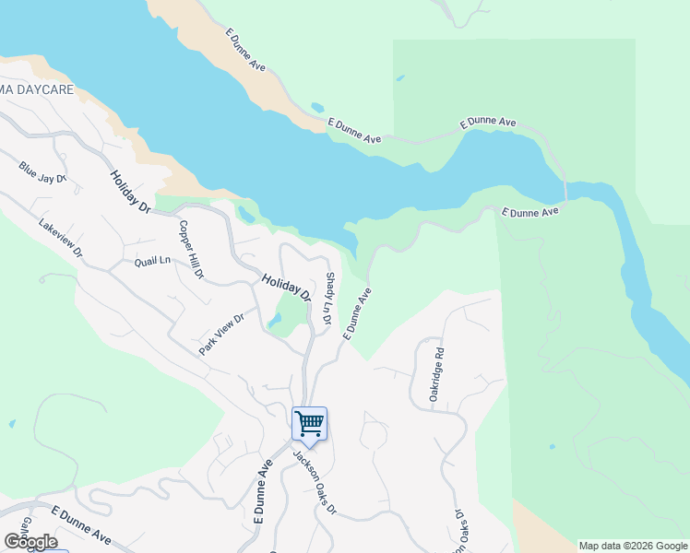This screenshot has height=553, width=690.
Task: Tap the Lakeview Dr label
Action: click(x=61, y=238)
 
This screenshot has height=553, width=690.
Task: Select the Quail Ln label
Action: click(x=152, y=262)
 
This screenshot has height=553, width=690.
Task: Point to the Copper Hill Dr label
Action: click(x=191, y=249)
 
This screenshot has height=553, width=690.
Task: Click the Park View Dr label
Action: click(x=221, y=335)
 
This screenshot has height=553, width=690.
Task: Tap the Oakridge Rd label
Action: click(x=437, y=373)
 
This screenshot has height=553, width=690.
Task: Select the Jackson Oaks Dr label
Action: click(x=315, y=482)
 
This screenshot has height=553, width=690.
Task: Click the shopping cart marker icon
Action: click(x=310, y=424)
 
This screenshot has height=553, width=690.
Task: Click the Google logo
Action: click(x=30, y=542)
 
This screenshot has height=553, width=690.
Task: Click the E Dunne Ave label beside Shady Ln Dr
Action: click(x=358, y=313)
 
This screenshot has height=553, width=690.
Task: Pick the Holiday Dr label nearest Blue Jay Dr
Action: click(x=130, y=192)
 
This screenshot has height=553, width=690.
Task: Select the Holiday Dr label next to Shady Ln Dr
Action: click(x=286, y=288)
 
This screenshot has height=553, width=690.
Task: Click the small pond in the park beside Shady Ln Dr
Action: click(x=276, y=322)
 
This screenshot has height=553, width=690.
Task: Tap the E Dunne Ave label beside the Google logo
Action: click(x=81, y=525)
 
